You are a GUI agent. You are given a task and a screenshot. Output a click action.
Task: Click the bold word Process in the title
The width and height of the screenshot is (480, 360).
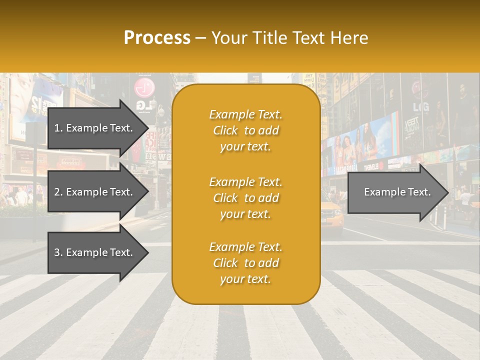point(157,38)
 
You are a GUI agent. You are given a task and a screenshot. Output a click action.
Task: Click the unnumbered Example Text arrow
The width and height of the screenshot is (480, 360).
point(396,192)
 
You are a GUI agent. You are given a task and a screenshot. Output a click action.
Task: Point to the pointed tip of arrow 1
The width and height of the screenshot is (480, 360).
point(148,128)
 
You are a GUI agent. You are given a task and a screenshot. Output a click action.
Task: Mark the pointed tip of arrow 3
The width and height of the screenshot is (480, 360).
point(148,252)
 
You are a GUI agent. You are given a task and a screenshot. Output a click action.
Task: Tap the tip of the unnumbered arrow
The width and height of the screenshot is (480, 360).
point(448,192)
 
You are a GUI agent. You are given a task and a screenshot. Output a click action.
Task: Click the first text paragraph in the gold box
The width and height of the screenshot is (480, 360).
point(245,130)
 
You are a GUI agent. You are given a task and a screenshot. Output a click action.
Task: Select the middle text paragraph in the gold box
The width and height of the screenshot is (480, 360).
point(245,198)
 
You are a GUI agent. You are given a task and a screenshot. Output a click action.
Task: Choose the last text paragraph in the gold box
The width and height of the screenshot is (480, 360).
point(245,263)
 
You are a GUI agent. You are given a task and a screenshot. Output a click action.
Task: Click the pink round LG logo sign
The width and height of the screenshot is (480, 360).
point(144,88)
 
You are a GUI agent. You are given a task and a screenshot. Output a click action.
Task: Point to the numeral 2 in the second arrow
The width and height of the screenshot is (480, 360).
point(56,192)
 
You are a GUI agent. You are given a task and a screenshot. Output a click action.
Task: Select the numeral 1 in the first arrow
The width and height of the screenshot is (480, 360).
point(56,128)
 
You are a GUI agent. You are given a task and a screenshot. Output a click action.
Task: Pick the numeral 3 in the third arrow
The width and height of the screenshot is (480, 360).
point(56,252)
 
